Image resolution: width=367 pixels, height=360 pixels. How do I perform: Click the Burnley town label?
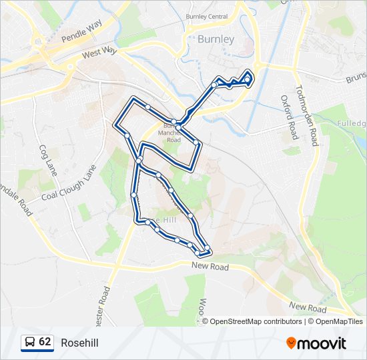click(x=216, y=39)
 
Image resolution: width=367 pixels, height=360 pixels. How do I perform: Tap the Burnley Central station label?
click(x=207, y=16)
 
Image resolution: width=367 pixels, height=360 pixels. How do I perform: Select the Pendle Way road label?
click(x=81, y=31)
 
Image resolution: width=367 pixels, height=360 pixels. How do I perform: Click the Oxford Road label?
click(x=288, y=117)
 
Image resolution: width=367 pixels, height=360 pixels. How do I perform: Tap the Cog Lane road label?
click(x=47, y=160)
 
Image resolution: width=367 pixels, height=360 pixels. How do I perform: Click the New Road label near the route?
click(x=210, y=267)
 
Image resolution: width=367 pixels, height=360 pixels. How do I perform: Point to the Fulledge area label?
click(x=352, y=124)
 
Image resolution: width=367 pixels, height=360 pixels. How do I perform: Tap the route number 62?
click(x=45, y=342)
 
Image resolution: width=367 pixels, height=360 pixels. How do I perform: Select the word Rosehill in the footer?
click(x=79, y=343)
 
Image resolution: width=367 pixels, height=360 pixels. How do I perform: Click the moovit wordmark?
click(x=322, y=343)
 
